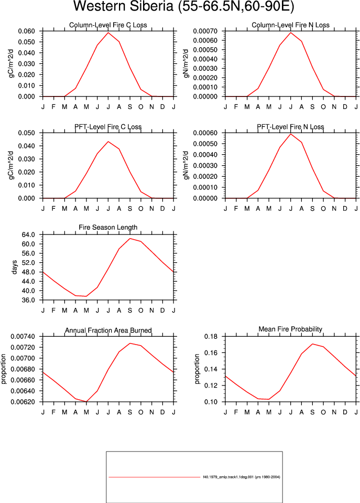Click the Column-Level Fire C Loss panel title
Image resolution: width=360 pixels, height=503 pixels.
108,25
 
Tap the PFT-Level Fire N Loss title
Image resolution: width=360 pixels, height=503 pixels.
290,127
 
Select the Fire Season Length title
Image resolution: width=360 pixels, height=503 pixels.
108,228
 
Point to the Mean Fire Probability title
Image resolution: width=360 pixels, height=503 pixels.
290,329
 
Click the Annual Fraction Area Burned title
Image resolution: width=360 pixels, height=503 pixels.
108,330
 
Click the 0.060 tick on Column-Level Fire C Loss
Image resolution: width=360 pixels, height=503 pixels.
26,31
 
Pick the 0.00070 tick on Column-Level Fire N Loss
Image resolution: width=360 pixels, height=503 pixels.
205,31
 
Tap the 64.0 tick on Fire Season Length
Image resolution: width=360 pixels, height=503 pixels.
28,235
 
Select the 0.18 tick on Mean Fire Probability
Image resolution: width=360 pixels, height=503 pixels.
211,337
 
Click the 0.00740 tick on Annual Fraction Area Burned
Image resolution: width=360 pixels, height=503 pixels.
23,337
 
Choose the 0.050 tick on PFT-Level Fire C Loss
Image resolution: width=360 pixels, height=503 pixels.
26,133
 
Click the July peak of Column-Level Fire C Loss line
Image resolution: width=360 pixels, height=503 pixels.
108,33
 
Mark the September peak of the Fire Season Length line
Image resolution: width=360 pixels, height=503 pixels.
130,238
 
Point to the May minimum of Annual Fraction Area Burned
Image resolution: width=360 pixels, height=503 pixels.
86,401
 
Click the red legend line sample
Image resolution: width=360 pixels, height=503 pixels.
155,477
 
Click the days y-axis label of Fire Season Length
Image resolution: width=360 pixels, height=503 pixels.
15,267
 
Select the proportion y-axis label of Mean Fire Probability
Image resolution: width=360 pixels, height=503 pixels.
197,369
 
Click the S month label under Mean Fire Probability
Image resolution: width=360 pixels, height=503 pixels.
312,412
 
